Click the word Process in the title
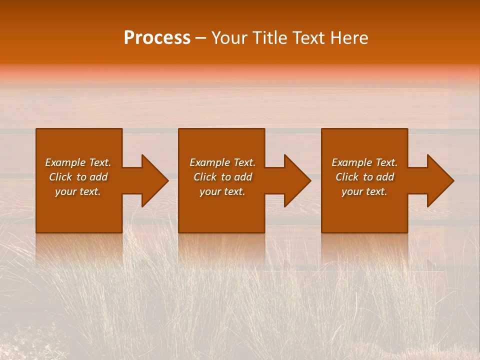(x=157, y=38)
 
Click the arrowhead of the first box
(x=152, y=180)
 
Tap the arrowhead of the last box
(x=438, y=180)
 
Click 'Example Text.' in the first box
(x=78, y=162)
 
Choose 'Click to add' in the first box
(x=78, y=177)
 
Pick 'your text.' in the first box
(x=78, y=191)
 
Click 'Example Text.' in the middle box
(x=222, y=162)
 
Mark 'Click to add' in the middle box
(x=222, y=177)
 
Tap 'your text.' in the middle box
(x=222, y=191)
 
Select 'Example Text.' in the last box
(x=364, y=162)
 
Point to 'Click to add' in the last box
(x=364, y=177)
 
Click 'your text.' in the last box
(x=364, y=191)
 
